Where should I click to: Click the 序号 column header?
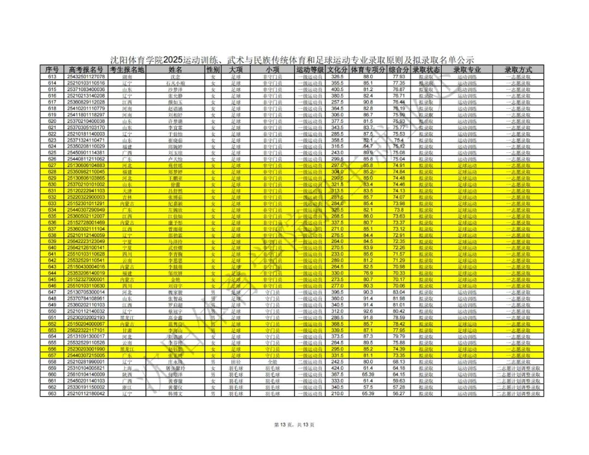52,70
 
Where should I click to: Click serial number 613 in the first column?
52,76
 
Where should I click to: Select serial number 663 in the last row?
52,393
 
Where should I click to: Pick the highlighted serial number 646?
52,286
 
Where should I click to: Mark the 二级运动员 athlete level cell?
310,362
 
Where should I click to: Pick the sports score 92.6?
368,311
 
